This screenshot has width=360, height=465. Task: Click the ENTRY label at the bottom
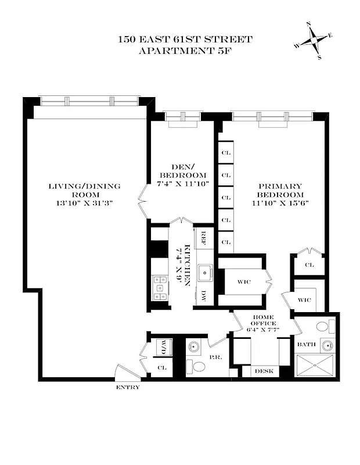[128, 387]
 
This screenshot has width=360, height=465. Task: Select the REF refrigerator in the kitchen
[204, 237]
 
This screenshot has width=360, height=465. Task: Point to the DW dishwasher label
[204, 295]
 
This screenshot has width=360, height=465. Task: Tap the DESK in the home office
[264, 371]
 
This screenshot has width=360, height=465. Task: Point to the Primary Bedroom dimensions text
[280, 203]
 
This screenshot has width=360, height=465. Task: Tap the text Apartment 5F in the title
[185, 51]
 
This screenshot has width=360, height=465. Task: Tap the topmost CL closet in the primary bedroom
[226, 153]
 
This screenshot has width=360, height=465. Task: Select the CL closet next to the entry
[163, 367]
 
